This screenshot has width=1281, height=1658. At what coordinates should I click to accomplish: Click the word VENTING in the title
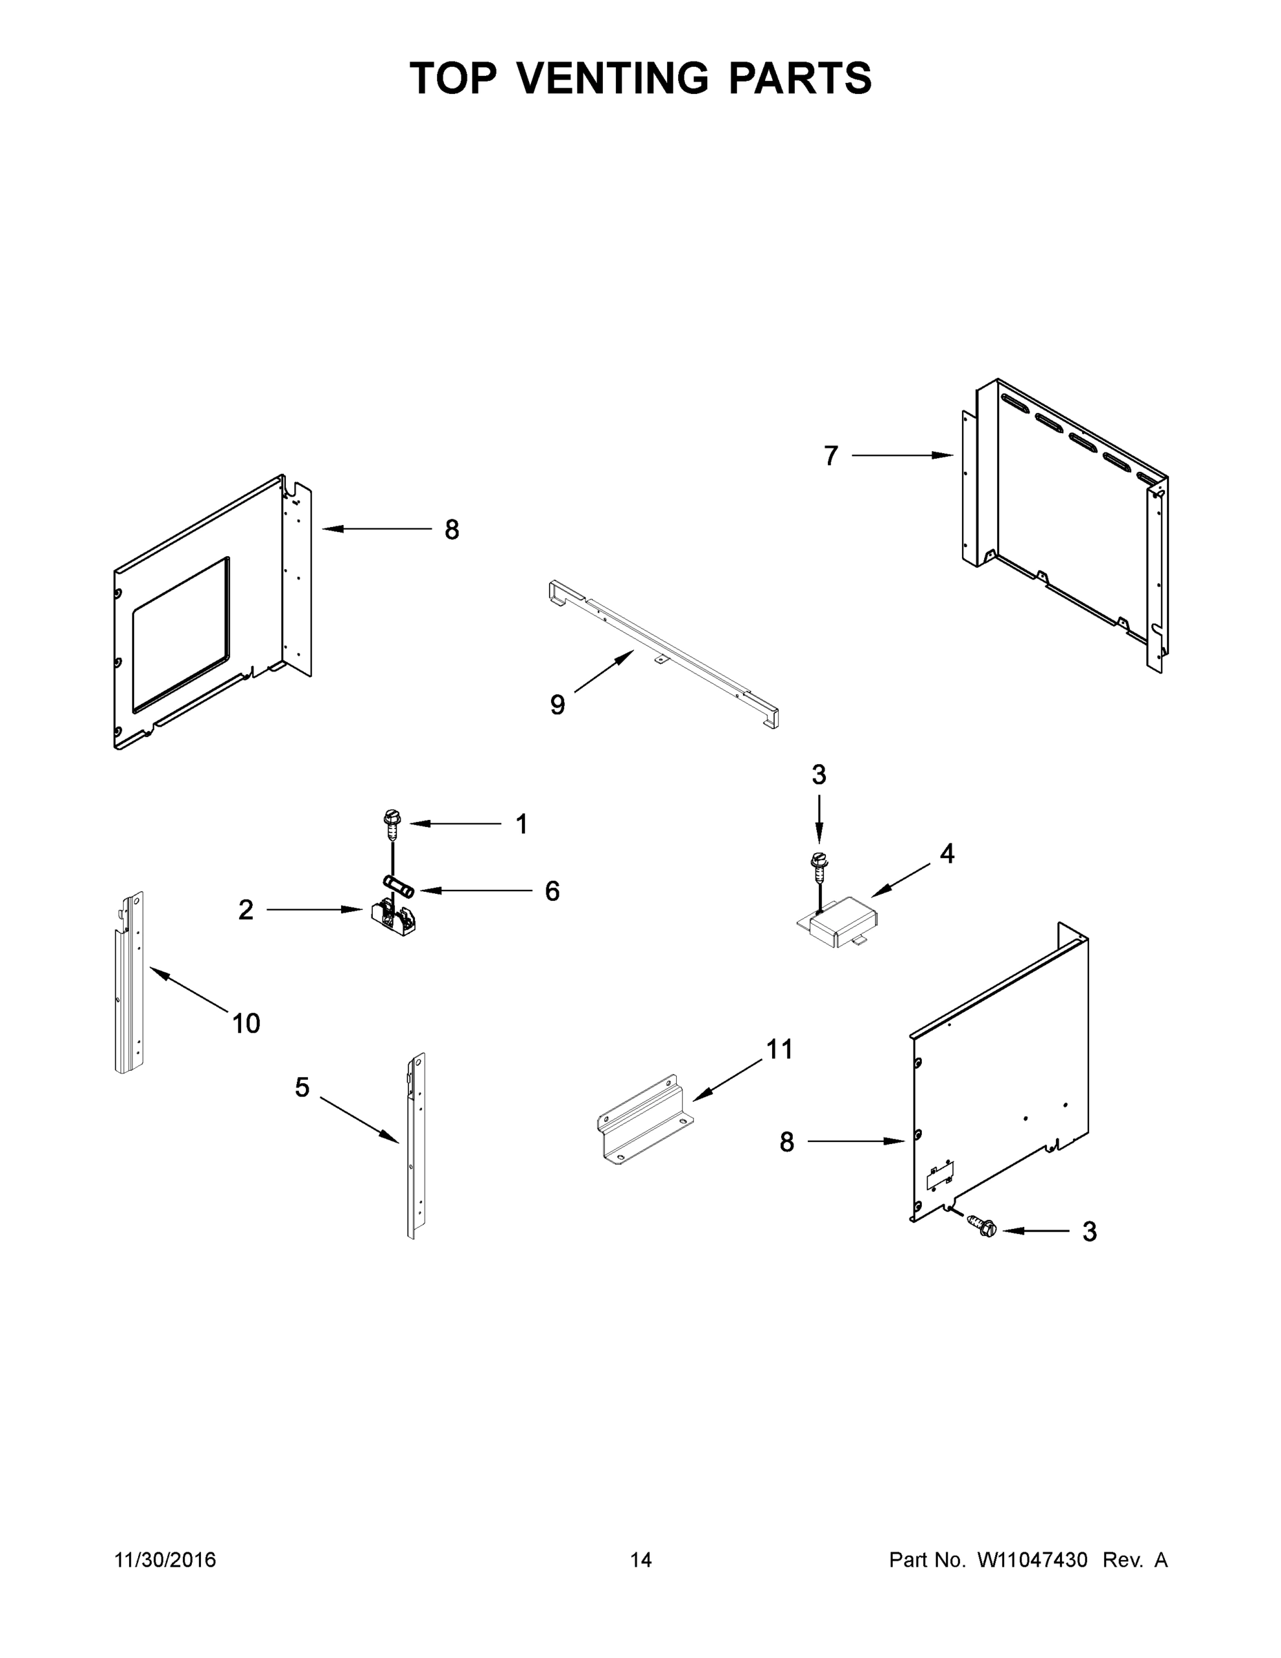613,78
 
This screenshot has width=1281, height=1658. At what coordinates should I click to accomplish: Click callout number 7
831,456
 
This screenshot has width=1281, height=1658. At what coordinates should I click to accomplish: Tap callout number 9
558,705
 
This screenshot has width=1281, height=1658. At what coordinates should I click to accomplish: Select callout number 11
780,1050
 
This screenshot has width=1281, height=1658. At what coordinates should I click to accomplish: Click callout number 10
246,1024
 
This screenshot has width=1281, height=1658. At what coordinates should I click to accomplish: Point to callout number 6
552,891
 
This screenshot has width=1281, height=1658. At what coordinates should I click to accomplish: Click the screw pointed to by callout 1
392,824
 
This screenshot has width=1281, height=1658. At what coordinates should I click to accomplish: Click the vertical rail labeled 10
131,983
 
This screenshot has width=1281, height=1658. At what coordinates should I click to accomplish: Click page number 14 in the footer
641,1560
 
